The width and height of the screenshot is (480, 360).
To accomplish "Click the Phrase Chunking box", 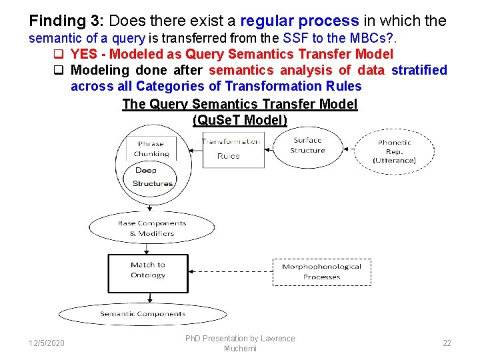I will pyautogui.click(x=151, y=148).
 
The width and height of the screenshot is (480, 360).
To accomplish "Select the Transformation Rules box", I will pyautogui.click(x=231, y=148).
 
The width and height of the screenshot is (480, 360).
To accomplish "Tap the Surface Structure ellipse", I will pyautogui.click(x=307, y=145).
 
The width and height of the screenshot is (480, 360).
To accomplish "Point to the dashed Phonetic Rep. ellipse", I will pyautogui.click(x=394, y=151).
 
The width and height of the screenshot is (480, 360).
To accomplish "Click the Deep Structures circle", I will pyautogui.click(x=152, y=177).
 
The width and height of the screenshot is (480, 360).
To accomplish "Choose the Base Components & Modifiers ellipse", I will pyautogui.click(x=151, y=228).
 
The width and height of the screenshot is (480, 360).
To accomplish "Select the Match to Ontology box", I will pyautogui.click(x=148, y=273).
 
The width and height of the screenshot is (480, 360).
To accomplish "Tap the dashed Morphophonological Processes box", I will pyautogui.click(x=321, y=271).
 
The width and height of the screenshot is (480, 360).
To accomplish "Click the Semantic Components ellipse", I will pyautogui.click(x=142, y=314).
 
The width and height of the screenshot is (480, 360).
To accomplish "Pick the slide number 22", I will pyautogui.click(x=447, y=343).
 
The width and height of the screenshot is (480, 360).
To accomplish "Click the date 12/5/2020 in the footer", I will pyautogui.click(x=47, y=343).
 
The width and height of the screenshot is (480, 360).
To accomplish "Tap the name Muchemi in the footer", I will pyautogui.click(x=240, y=349).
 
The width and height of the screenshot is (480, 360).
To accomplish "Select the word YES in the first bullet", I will pyautogui.click(x=84, y=54).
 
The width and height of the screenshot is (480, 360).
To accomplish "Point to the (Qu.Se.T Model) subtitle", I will pyautogui.click(x=240, y=120).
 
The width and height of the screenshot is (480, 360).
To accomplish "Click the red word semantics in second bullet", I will pyautogui.click(x=239, y=70).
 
